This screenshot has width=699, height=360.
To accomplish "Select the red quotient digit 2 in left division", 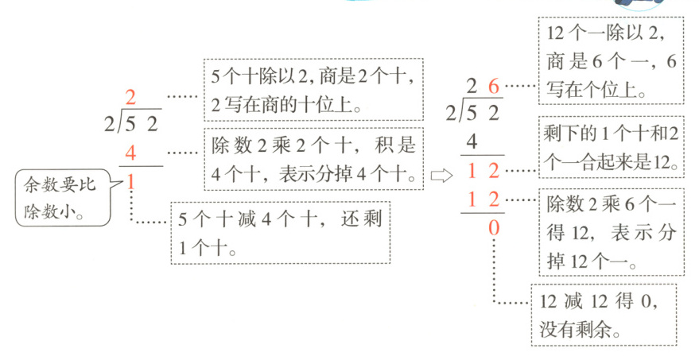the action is coord(131,98).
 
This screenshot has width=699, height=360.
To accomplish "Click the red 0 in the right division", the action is coord(493,229).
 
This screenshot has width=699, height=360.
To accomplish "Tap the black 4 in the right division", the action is coord(472,141).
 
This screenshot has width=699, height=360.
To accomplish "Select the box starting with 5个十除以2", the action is coord(313,90).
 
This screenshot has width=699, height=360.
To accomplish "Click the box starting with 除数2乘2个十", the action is coord(313,159).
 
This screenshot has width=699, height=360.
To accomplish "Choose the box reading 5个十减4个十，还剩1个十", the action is coord(281,232).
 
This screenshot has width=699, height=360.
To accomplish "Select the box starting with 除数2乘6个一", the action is coord(611,232).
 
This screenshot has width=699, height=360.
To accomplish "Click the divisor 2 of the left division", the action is coord(109,124).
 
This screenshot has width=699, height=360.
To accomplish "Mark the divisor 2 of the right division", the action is coord(451,112).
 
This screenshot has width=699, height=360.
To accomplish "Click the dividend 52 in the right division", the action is coord(483,112).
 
